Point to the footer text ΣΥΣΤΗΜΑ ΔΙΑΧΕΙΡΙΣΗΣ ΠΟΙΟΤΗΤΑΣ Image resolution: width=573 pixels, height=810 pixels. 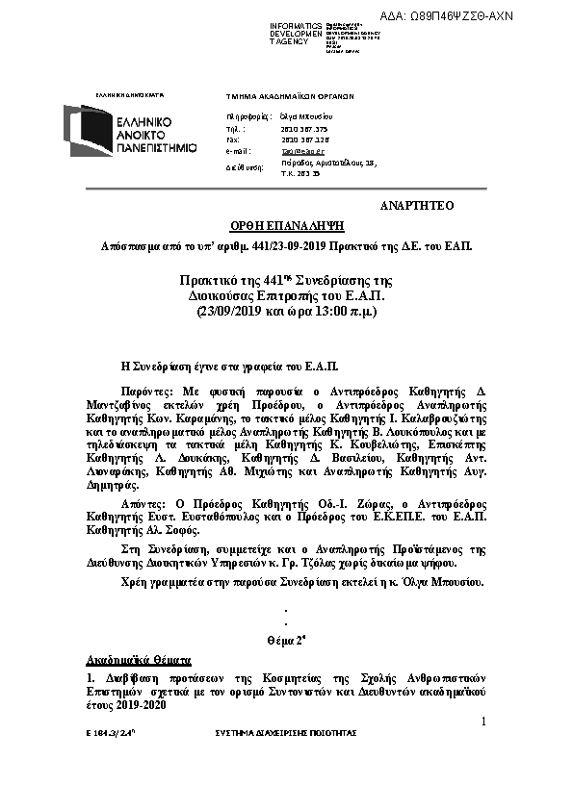click(285, 733)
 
